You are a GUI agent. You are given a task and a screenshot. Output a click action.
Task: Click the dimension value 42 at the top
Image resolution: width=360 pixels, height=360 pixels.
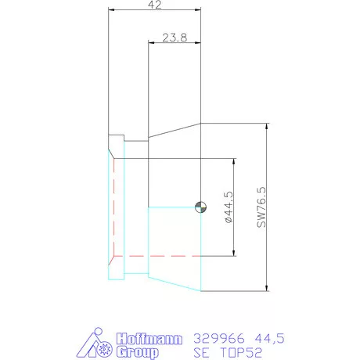(154, 5)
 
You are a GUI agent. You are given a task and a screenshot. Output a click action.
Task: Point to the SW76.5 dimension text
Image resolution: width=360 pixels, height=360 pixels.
(261, 207)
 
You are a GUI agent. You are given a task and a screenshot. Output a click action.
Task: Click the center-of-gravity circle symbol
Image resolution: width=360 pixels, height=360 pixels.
(201, 207)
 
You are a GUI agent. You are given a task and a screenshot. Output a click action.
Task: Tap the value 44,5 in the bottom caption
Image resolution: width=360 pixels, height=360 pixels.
(267, 338)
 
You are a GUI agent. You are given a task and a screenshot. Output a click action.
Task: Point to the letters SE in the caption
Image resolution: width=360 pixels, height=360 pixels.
(202, 352)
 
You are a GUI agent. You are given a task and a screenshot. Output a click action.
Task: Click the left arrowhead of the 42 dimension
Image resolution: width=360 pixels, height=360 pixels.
(111, 10)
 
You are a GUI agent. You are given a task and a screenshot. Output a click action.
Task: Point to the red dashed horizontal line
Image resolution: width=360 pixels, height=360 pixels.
(157, 256)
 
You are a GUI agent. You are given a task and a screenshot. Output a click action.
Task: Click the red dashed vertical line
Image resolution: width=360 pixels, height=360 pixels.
(113, 208)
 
